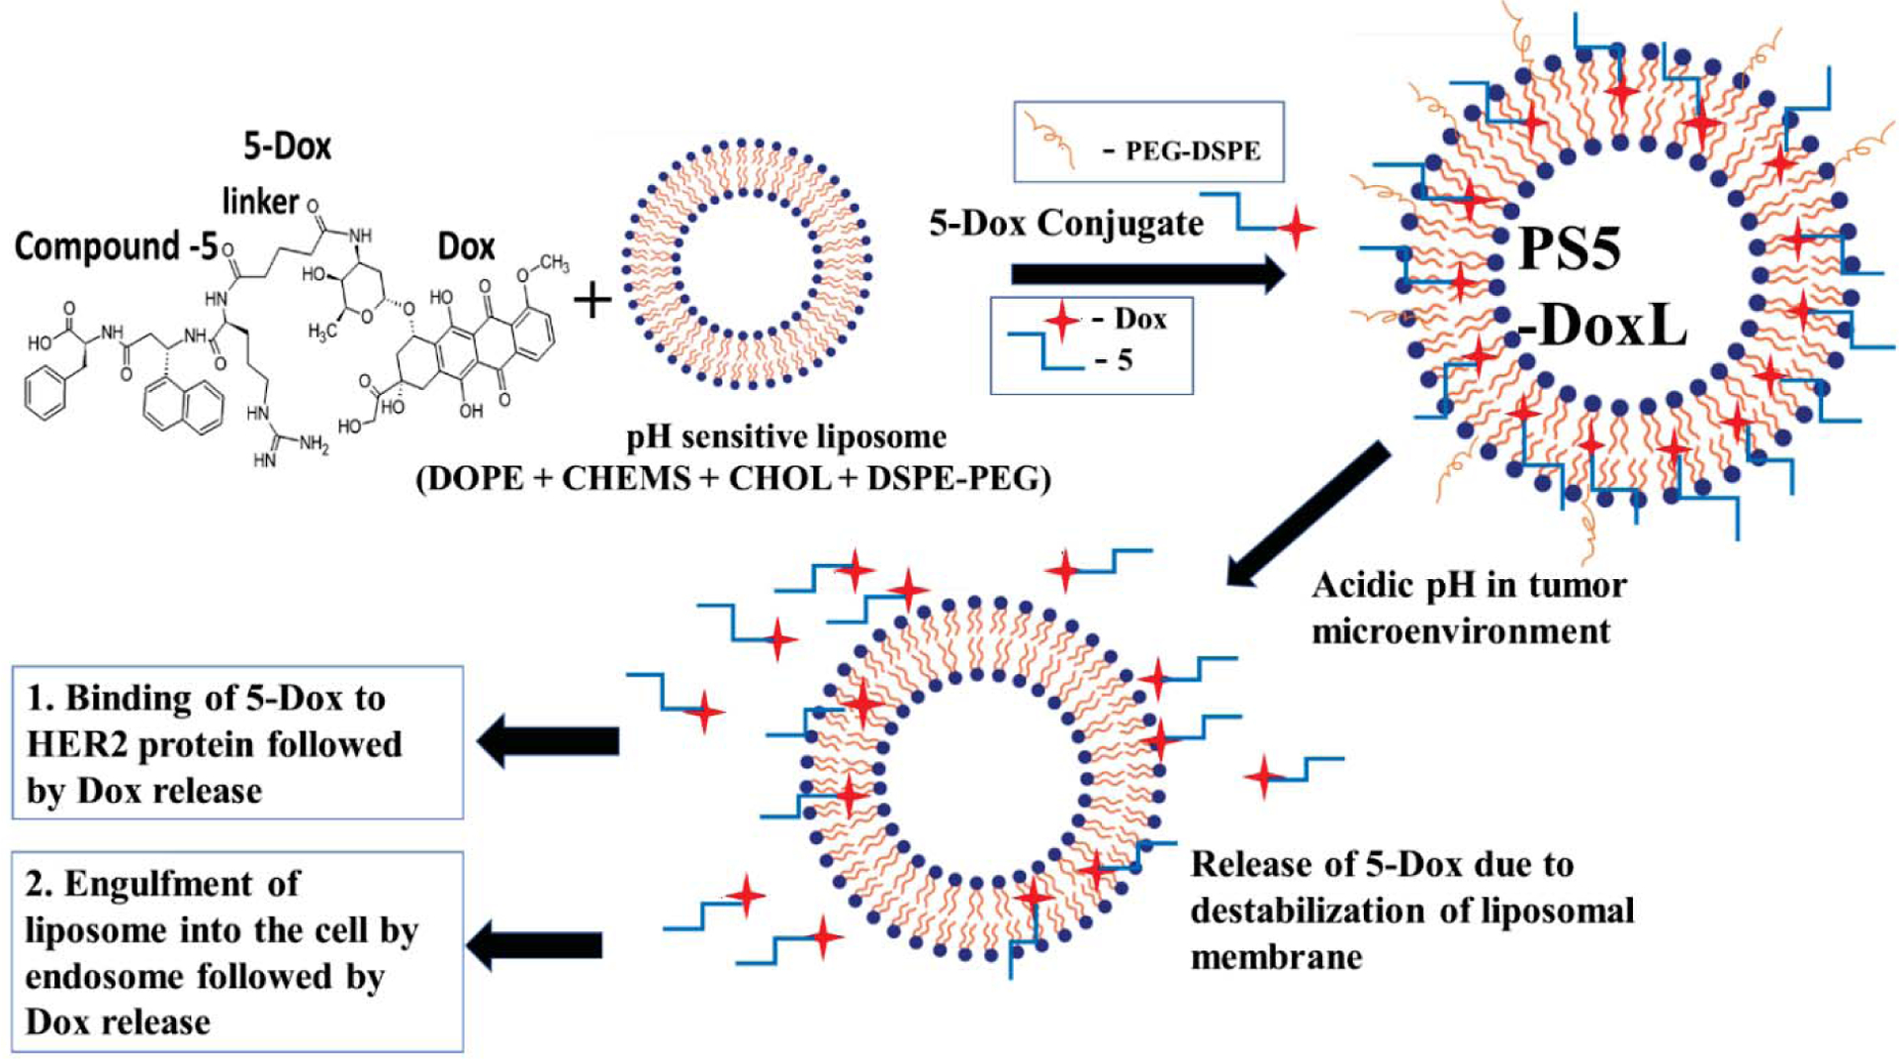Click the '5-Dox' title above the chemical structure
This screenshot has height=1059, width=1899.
click(x=287, y=146)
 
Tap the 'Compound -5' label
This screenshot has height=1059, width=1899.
click(x=116, y=246)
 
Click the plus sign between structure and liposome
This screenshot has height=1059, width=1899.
click(x=592, y=300)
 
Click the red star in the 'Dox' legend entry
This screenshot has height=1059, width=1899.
click(x=1062, y=319)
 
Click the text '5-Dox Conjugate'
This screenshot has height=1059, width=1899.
click(x=1065, y=224)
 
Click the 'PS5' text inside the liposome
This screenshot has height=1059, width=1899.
click(x=1570, y=248)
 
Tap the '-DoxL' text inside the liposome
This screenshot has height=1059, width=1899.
click(x=1601, y=326)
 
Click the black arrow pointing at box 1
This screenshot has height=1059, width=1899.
click(x=549, y=740)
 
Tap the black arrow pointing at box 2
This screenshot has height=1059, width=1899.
click(x=535, y=945)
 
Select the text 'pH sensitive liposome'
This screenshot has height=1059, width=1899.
click(x=785, y=436)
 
